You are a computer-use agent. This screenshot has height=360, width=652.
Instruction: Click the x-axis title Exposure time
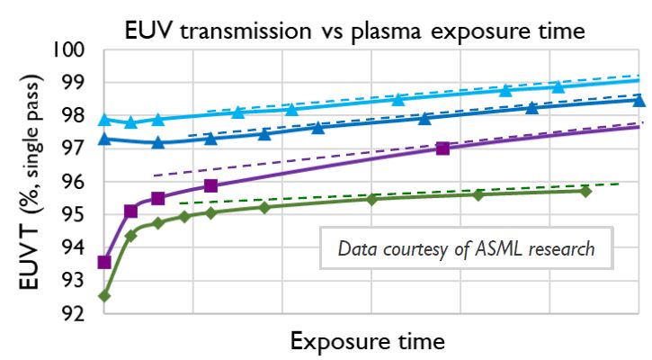point(367,342)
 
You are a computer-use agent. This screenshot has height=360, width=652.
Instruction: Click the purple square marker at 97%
point(442,148)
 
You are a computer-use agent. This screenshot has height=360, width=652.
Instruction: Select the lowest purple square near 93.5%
point(104,262)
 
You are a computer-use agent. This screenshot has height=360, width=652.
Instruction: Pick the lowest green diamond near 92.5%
point(104,295)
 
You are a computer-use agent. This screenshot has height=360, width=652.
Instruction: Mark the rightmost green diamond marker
point(585,191)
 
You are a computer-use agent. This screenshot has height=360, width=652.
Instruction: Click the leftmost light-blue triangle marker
point(104,119)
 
